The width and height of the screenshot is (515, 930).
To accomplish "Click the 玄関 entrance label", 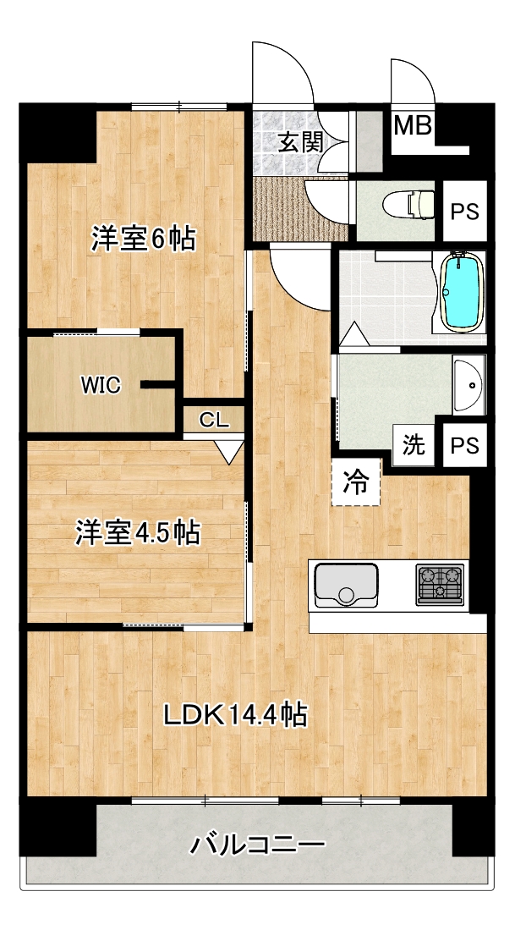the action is pyautogui.click(x=300, y=142).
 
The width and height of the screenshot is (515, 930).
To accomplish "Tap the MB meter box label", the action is pyautogui.click(x=413, y=126).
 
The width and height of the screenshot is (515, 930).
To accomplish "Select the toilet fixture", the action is pyautogui.click(x=408, y=205).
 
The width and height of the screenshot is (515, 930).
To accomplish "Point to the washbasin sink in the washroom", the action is pyautogui.click(x=468, y=384).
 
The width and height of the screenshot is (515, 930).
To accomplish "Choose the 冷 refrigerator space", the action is pyautogui.click(x=355, y=482).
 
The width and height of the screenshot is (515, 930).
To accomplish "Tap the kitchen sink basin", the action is pyautogui.click(x=346, y=585).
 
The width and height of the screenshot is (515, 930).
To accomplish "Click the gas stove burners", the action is pyautogui.click(x=440, y=584).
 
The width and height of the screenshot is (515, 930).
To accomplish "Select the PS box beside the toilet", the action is pyautogui.click(x=464, y=212).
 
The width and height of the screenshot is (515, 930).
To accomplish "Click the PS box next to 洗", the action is pyautogui.click(x=464, y=444).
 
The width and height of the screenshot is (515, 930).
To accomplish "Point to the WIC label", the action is pyautogui.click(x=101, y=386).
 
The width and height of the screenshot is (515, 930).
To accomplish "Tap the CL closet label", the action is pyautogui.click(x=213, y=421).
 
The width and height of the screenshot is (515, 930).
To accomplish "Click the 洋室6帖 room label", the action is pyautogui.click(x=143, y=239).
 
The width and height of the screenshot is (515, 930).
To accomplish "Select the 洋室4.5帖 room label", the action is pyautogui.click(x=137, y=532).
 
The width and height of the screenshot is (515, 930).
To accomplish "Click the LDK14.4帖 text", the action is pyautogui.click(x=235, y=715).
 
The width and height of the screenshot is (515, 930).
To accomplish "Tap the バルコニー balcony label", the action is pyautogui.click(x=258, y=844).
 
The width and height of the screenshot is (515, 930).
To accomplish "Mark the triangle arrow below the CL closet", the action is pyautogui.click(x=229, y=452).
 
